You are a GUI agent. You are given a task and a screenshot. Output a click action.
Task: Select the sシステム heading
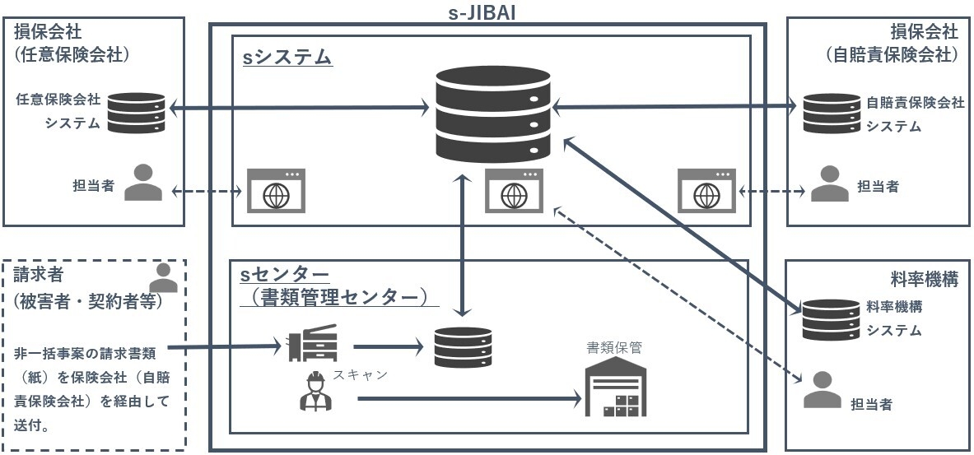[287, 58]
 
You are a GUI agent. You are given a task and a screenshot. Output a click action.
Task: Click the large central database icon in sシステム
[492, 114]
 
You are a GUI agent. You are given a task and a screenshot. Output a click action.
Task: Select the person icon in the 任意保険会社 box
[143, 183]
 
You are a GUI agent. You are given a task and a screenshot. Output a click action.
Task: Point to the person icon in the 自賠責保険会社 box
[829, 185]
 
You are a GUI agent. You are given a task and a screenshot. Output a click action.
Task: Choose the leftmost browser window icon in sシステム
[277, 191]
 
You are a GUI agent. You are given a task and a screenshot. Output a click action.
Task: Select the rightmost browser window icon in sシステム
[706, 191]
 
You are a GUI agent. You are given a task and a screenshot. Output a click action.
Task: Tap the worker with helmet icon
[314, 392]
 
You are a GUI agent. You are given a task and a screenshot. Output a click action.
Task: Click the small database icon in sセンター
[464, 346]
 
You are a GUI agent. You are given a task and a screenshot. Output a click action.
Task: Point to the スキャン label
[360, 375]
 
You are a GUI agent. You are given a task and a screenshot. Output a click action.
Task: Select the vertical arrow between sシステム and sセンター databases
[464, 247]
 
